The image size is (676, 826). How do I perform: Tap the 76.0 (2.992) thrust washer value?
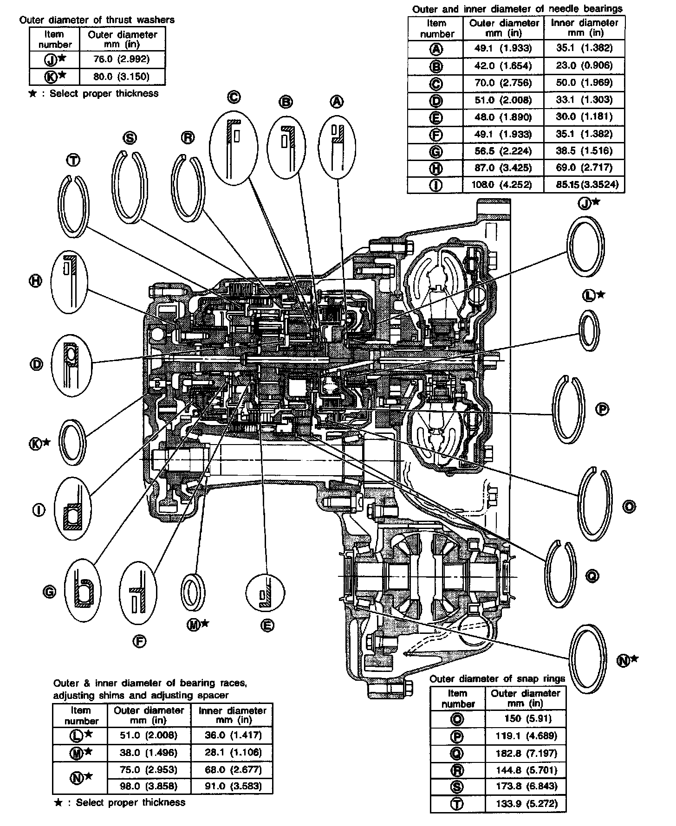click(x=123, y=59)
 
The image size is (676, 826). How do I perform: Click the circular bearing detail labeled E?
click(x=266, y=593)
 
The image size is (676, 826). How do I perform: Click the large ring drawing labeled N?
click(x=588, y=658)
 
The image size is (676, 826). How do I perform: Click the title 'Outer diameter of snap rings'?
click(x=497, y=678)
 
